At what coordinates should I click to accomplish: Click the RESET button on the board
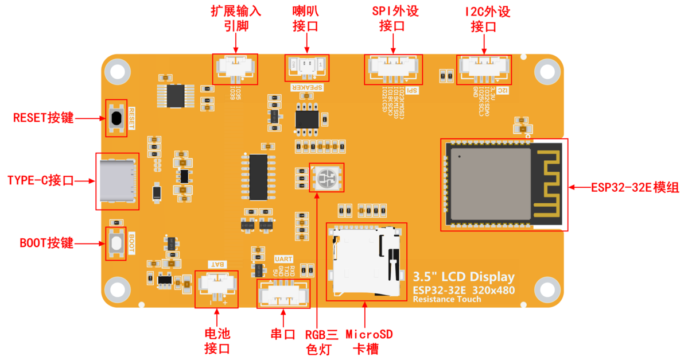coord(116,118)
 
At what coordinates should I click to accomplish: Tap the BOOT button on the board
coord(116,243)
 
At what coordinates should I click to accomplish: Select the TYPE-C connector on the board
coord(118,180)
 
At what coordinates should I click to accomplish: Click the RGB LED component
coord(326,177)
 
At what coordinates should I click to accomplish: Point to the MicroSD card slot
coord(366,261)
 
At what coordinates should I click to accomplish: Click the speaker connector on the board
coord(307,67)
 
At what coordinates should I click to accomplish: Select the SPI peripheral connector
coord(394,68)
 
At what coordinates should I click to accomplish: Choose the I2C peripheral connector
coord(484,68)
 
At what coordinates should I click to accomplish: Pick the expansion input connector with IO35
coord(235,69)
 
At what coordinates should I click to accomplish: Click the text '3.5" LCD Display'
coord(464,277)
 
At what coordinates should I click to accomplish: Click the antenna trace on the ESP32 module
coord(549,184)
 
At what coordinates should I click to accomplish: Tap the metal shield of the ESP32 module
coord(489,184)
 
